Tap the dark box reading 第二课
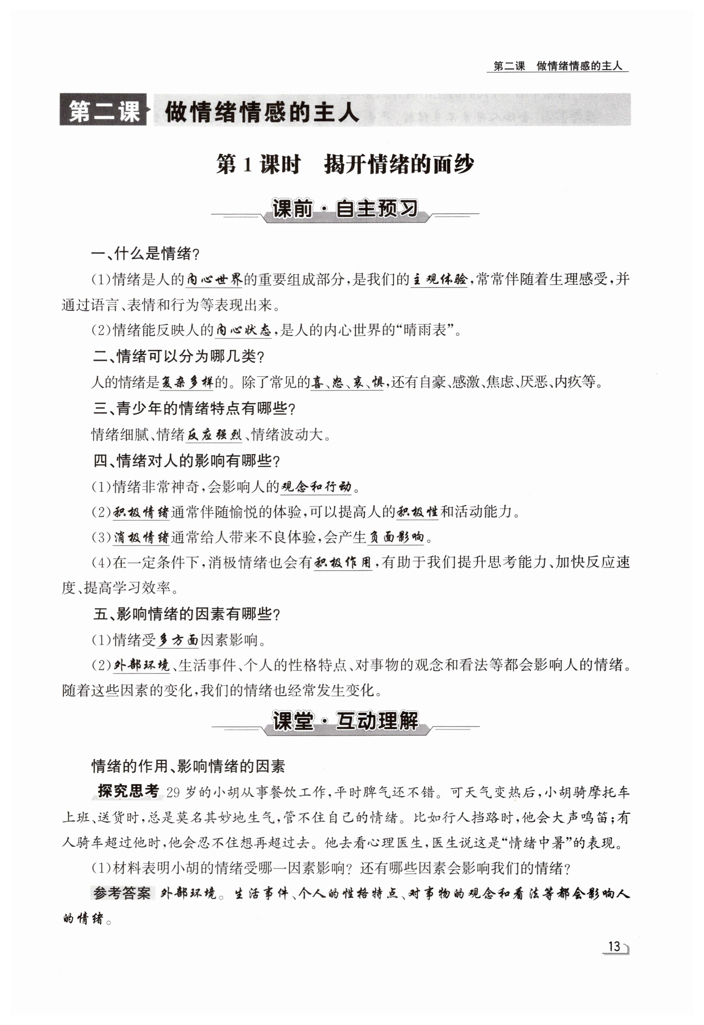pyautogui.click(x=103, y=110)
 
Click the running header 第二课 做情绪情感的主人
pyautogui.click(x=558, y=66)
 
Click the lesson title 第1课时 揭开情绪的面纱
pyautogui.click(x=345, y=165)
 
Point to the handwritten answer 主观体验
pyautogui.click(x=439, y=279)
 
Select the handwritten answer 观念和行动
pyautogui.click(x=316, y=487)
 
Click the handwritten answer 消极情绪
pyautogui.click(x=141, y=538)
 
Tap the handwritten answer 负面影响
pyautogui.click(x=397, y=538)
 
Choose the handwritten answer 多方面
pyautogui.click(x=178, y=640)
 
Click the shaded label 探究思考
pyautogui.click(x=128, y=791)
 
